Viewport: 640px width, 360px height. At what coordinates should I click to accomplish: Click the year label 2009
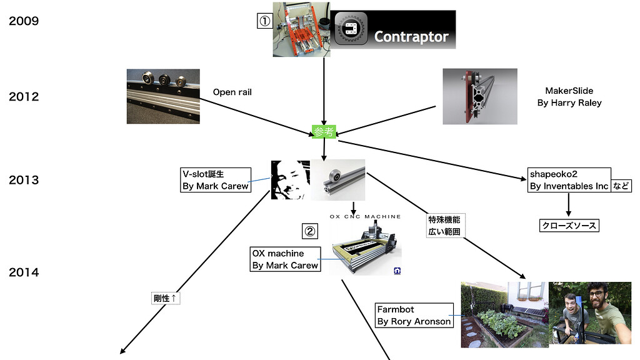(x=24, y=21)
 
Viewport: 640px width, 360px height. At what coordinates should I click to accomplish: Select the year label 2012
(x=24, y=97)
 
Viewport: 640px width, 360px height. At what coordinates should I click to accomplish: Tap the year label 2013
(x=24, y=180)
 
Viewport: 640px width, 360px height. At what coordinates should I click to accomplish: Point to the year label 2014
(x=24, y=272)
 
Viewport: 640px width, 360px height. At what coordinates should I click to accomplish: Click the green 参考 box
(x=324, y=131)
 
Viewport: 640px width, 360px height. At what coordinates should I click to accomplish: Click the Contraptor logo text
(x=411, y=37)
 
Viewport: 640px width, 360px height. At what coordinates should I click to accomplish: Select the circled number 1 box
(x=265, y=21)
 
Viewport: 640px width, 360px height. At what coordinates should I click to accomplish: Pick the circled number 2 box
(x=311, y=231)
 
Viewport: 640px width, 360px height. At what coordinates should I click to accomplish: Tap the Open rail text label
(x=232, y=92)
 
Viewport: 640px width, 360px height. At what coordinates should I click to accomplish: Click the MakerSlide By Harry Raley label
(x=569, y=97)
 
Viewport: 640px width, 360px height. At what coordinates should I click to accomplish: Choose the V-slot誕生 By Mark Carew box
(x=215, y=180)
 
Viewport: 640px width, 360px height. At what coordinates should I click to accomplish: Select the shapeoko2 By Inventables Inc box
(x=569, y=180)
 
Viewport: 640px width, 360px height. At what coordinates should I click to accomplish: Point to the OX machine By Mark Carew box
(x=285, y=259)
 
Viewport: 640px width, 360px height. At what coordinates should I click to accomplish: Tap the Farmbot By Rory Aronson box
(x=414, y=315)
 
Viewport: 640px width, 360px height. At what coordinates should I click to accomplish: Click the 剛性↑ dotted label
(x=166, y=299)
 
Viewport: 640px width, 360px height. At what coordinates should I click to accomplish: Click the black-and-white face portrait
(x=290, y=179)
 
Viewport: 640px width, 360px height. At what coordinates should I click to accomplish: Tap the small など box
(x=621, y=186)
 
